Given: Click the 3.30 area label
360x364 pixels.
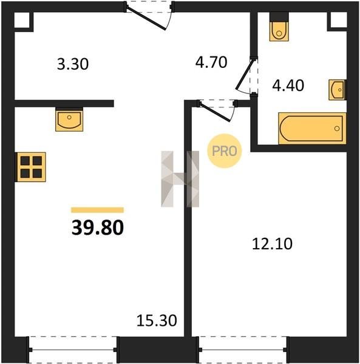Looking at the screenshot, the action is [x=73, y=64].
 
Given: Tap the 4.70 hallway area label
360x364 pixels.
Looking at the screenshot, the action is [x=211, y=62].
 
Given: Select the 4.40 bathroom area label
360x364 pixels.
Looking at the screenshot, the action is [x=288, y=85].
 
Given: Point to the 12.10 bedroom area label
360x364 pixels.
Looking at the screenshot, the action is [x=272, y=244].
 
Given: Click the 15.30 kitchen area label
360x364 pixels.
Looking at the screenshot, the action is [x=157, y=320].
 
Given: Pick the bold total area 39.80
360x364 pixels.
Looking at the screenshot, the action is [x=98, y=227].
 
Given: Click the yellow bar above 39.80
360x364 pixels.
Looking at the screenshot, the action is [x=97, y=210].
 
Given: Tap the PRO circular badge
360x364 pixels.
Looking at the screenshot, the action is [x=225, y=151].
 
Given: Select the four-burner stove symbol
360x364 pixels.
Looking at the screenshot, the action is [x=30, y=167].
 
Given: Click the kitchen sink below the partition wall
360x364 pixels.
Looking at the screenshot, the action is [x=69, y=120].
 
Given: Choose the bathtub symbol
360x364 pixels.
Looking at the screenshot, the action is [x=312, y=129].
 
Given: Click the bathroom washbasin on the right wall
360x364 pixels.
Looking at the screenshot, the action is [x=338, y=90].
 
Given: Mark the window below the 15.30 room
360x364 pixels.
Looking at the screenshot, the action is [x=73, y=349].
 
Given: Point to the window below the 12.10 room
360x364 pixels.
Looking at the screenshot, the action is [x=243, y=349].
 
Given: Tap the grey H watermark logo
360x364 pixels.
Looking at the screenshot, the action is [x=180, y=179].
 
